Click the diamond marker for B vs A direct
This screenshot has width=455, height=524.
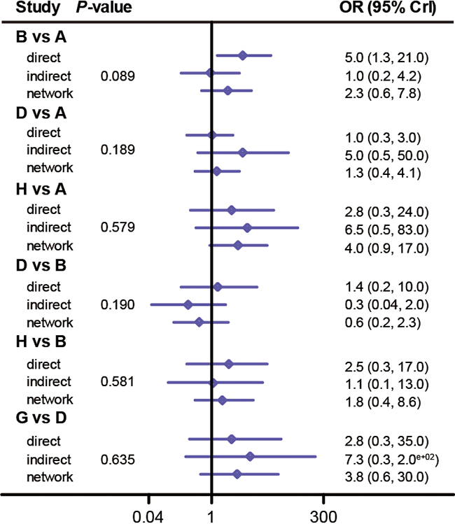[243, 55]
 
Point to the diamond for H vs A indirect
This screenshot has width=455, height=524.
[247, 227]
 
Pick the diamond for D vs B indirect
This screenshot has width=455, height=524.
[188, 304]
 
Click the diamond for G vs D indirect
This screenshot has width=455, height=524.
[250, 456]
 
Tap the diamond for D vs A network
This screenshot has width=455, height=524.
[216, 171]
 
